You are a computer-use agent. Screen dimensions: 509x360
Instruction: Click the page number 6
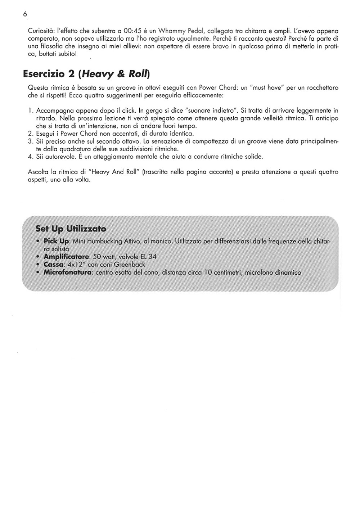[25, 14]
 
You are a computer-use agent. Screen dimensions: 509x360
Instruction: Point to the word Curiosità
[41, 31]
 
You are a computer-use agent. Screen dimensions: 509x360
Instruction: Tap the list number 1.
[30, 111]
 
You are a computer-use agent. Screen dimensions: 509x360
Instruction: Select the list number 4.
[30, 157]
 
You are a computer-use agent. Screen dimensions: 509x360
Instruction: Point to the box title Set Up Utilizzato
[71, 229]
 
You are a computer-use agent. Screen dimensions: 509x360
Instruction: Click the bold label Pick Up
[57, 241]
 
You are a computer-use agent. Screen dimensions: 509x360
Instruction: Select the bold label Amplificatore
[66, 257]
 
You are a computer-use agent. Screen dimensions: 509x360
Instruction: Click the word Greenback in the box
[130, 265]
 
